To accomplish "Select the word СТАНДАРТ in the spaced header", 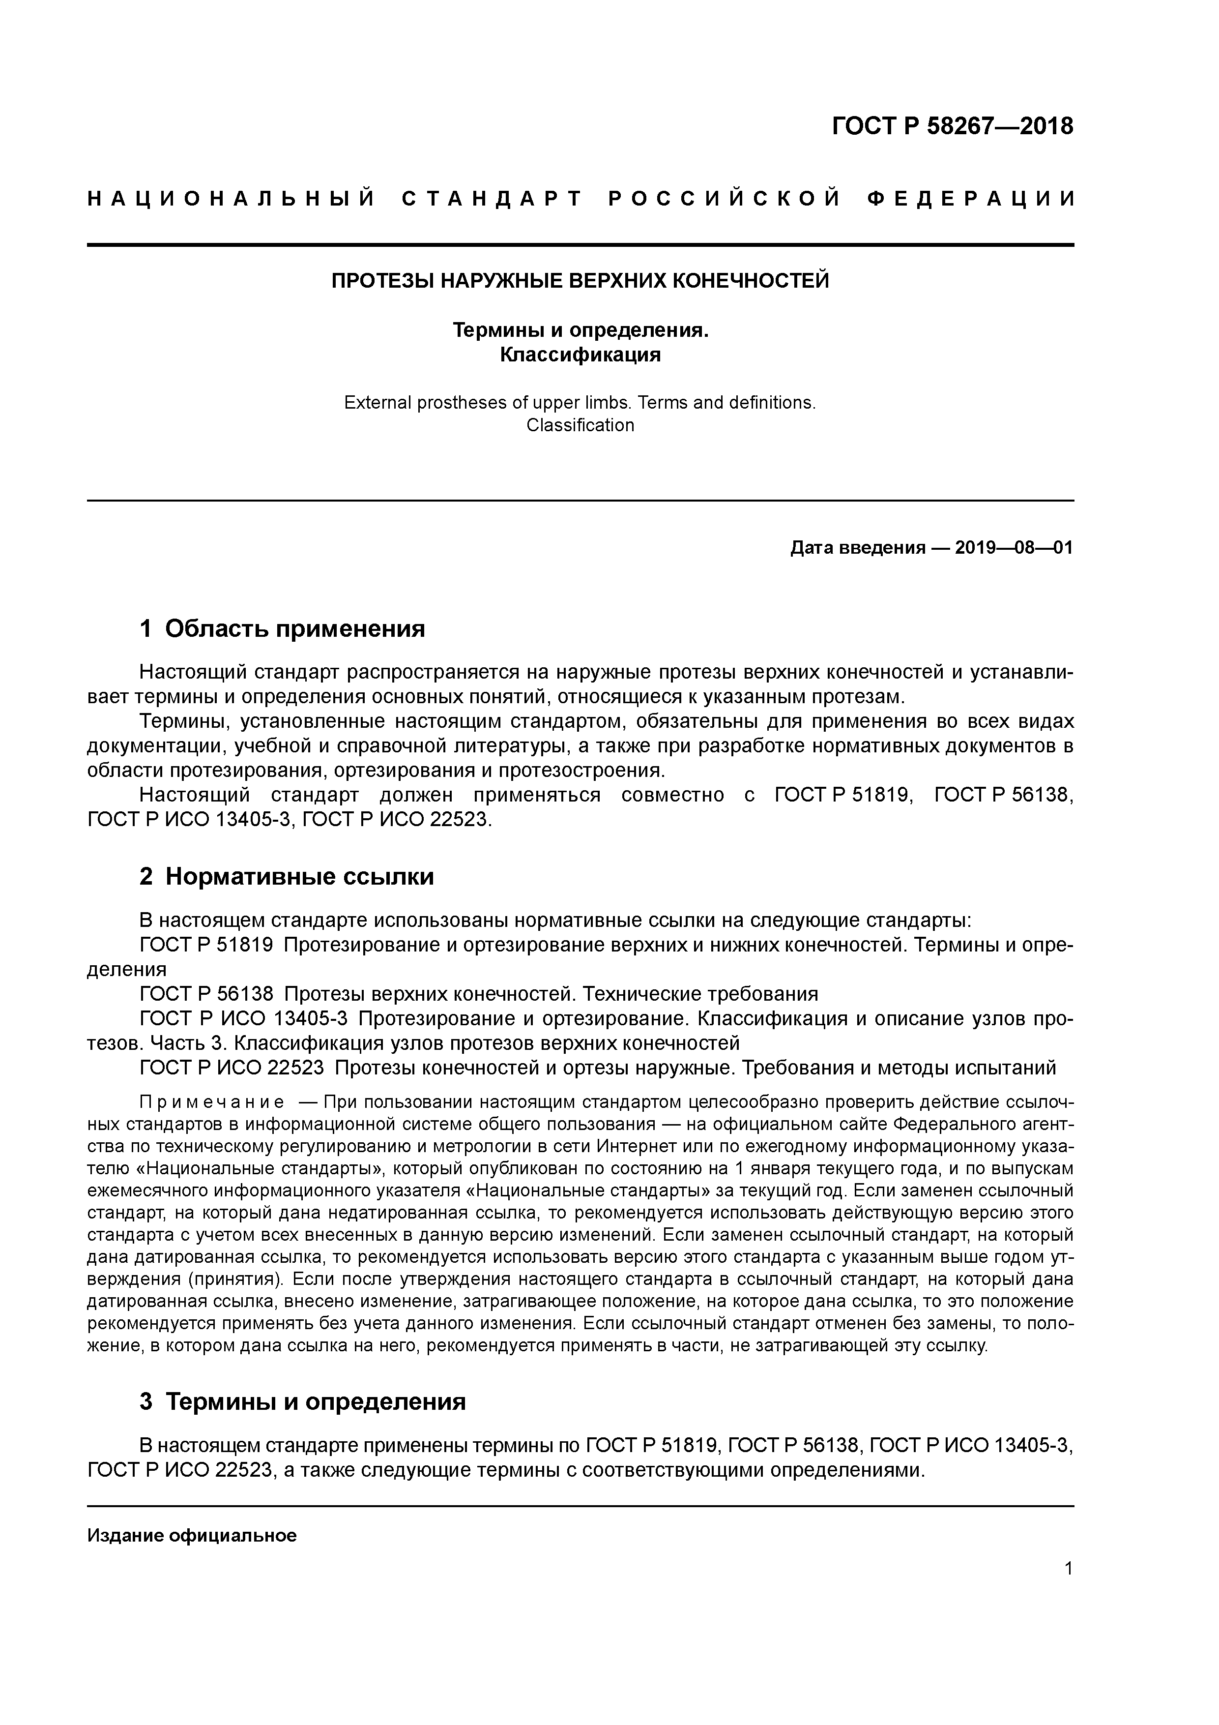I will tap(492, 199).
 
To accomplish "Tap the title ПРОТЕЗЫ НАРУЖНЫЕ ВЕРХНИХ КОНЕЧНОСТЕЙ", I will tap(580, 281).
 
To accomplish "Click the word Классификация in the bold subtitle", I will tap(580, 354).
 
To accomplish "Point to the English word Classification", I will tap(580, 425).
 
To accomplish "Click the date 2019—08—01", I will tap(1014, 548).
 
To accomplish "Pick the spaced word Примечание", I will tap(212, 1102).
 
